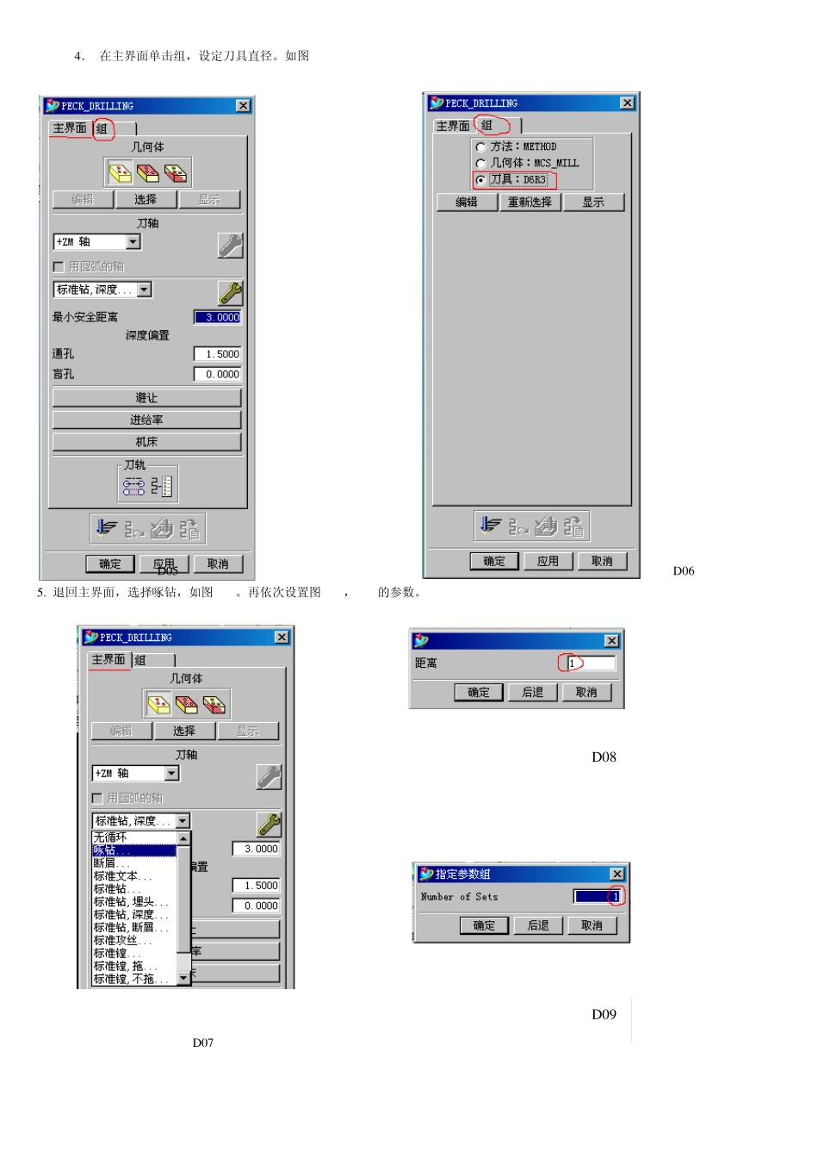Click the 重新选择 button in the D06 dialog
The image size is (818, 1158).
[530, 202]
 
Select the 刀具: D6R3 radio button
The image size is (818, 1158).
[480, 180]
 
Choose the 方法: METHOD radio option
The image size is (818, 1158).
[480, 147]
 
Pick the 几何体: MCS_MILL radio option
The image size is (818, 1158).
[480, 164]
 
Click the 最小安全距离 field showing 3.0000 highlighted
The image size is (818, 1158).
[218, 317]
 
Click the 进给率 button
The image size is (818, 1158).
[146, 420]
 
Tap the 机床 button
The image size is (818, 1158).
[146, 442]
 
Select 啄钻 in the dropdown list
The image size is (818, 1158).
[133, 850]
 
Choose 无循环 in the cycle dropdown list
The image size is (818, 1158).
[133, 837]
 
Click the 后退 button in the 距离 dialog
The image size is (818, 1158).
[533, 693]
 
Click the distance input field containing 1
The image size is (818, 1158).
[592, 663]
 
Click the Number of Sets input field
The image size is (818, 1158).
[598, 897]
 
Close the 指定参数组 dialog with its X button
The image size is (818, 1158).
[617, 875]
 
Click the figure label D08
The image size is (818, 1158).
[604, 757]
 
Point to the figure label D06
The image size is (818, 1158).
[684, 571]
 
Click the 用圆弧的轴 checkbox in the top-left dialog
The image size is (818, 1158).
[59, 267]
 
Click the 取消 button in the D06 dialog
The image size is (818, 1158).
[602, 562]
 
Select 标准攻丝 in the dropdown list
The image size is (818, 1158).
[133, 941]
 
